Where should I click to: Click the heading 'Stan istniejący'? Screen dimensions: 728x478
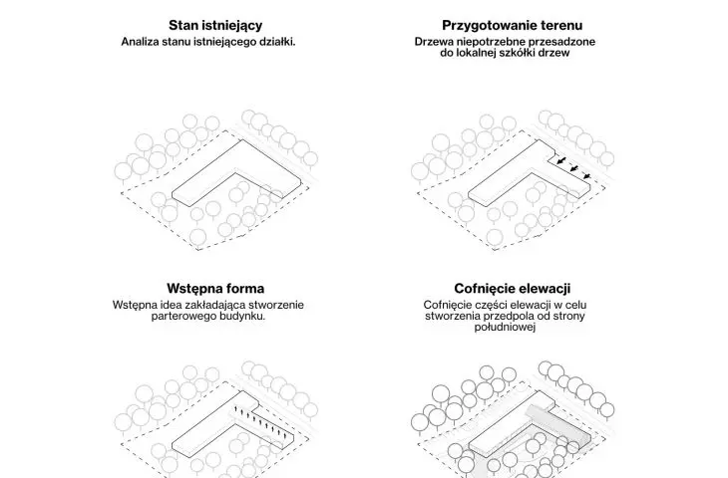click(x=215, y=26)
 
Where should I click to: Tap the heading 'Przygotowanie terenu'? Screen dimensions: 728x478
click(x=513, y=26)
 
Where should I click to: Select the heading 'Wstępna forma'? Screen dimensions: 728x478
click(x=215, y=289)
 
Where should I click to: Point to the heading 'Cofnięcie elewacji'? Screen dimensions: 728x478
click(x=513, y=289)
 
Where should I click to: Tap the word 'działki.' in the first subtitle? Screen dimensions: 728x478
click(x=277, y=42)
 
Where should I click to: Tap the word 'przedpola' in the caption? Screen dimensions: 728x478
click(x=508, y=317)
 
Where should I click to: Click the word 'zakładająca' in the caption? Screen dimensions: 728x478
click(x=215, y=305)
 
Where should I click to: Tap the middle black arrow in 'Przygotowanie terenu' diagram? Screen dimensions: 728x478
click(x=574, y=168)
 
